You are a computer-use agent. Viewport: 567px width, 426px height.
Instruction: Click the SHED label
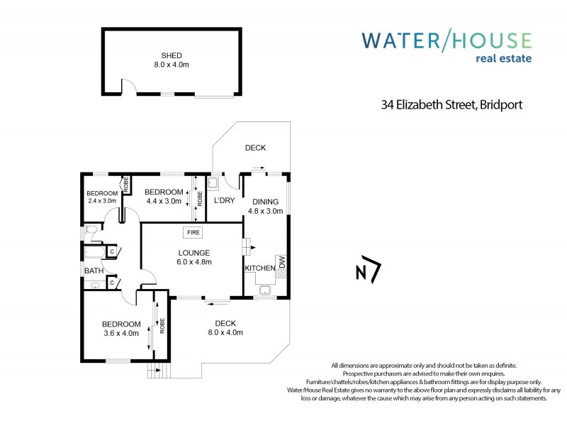pyautogui.click(x=172, y=55)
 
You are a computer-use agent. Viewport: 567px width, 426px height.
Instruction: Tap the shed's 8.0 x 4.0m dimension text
pyautogui.click(x=172, y=65)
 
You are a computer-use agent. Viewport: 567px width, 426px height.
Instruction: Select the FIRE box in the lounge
pyautogui.click(x=192, y=232)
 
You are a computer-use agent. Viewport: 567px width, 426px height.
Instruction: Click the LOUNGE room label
pyautogui.click(x=193, y=253)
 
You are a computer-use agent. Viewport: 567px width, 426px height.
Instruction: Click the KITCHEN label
pyautogui.click(x=259, y=268)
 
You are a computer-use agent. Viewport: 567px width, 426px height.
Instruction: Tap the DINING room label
pyautogui.click(x=265, y=202)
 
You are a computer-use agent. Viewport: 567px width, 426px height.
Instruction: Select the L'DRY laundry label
pyautogui.click(x=224, y=201)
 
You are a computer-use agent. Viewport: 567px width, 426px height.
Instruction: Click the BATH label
pyautogui.click(x=94, y=271)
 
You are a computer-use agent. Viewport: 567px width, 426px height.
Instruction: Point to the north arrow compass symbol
pyautogui.click(x=367, y=271)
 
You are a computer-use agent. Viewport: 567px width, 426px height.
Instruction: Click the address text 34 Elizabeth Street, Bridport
pyautogui.click(x=451, y=105)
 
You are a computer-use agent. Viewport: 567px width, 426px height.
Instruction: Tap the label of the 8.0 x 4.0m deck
pyautogui.click(x=225, y=324)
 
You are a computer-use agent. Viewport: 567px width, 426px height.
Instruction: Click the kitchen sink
pyautogui.click(x=265, y=289)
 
